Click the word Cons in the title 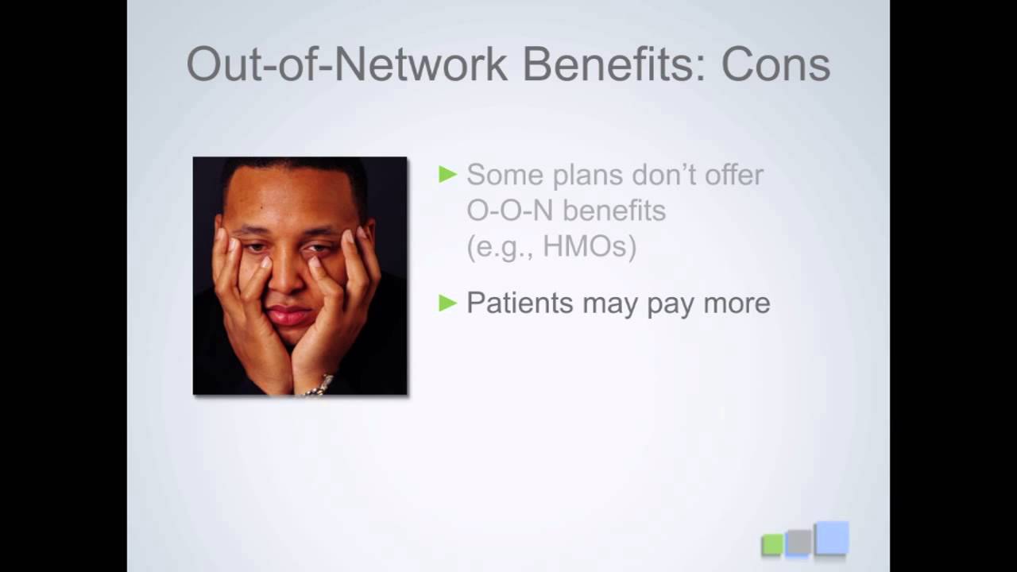click(775, 64)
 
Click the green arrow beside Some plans click(448, 174)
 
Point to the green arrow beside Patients click(448, 303)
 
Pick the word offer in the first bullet click(729, 174)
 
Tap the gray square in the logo click(799, 542)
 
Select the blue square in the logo click(831, 538)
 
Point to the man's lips click(288, 314)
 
